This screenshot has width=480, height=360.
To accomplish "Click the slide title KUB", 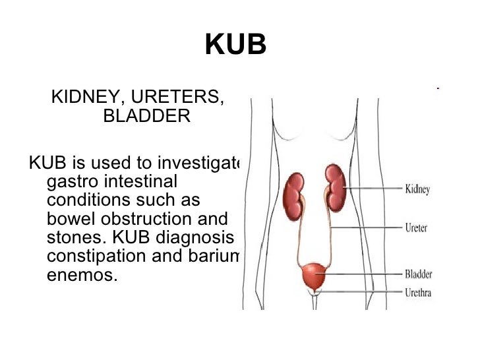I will pyautogui.click(x=235, y=45).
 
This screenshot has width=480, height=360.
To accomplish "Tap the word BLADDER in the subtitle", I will pyautogui.click(x=147, y=117).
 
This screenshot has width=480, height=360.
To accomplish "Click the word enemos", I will pyautogui.click(x=82, y=274).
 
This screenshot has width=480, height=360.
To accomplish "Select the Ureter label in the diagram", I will pyautogui.click(x=415, y=228).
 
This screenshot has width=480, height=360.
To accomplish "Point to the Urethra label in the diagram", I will pyautogui.click(x=417, y=292).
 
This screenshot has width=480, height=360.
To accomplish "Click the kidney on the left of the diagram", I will pyautogui.click(x=294, y=192).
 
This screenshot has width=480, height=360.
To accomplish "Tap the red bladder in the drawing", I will pyautogui.click(x=315, y=275).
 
